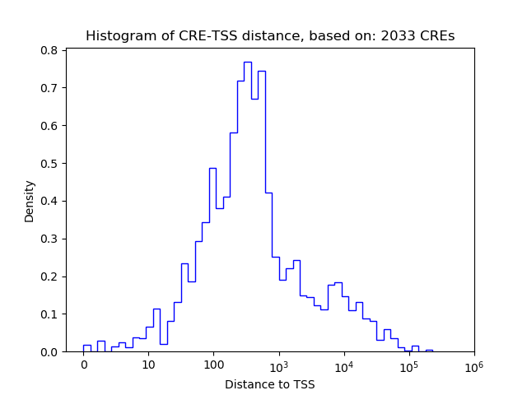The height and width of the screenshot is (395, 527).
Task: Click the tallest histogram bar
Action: [247, 206]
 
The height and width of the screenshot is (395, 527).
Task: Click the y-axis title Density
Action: [30, 201]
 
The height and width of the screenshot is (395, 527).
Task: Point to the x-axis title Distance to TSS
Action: [269, 383]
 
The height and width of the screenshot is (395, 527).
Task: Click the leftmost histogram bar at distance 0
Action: [87, 348]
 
